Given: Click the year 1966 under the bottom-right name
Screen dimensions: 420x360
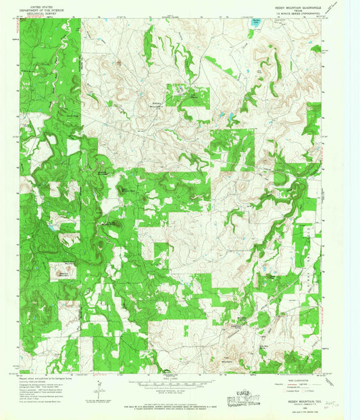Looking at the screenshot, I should [x=302, y=407].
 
